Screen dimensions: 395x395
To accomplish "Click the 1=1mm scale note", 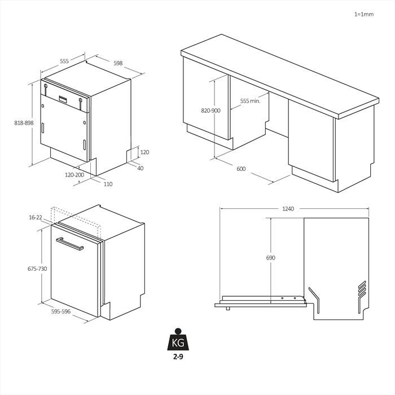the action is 364,14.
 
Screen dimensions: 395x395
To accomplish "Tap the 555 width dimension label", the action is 64,61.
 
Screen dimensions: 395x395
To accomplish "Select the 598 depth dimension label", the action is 118,63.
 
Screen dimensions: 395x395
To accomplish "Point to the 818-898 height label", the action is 24,123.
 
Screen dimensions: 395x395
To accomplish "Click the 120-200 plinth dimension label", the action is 74,175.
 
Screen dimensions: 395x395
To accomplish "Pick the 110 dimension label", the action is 108,184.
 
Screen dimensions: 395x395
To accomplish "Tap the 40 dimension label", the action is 141,168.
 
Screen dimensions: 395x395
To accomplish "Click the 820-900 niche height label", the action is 210,111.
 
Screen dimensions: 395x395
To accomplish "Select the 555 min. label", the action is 250,101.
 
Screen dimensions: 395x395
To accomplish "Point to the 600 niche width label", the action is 241,169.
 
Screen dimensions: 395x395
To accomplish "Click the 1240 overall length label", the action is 288,209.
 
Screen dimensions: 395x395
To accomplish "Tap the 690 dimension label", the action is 271,258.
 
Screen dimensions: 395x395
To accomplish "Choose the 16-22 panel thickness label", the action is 36,217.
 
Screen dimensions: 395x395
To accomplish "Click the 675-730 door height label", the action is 37,269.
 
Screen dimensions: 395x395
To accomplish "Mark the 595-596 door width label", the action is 61,311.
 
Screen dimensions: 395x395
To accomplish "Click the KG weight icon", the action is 178,339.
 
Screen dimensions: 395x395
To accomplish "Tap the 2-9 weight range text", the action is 178,357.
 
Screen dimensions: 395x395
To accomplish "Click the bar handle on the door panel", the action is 70,244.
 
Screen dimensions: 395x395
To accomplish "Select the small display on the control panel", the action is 63,99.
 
